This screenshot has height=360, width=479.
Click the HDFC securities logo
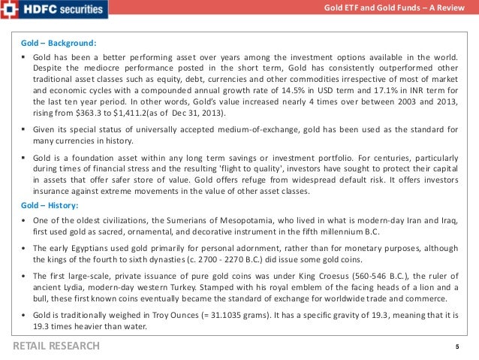54,10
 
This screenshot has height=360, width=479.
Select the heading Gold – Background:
59,43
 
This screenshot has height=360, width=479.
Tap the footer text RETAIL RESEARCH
56,346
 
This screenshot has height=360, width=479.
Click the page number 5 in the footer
456,346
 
